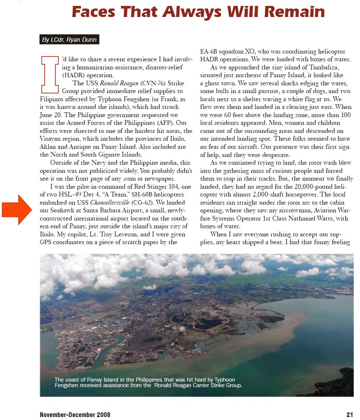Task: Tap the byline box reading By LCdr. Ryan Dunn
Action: pos(69,40)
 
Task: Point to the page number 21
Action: pos(350,415)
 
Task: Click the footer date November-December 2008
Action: pos(75,415)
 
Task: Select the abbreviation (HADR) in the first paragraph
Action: pos(74,75)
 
